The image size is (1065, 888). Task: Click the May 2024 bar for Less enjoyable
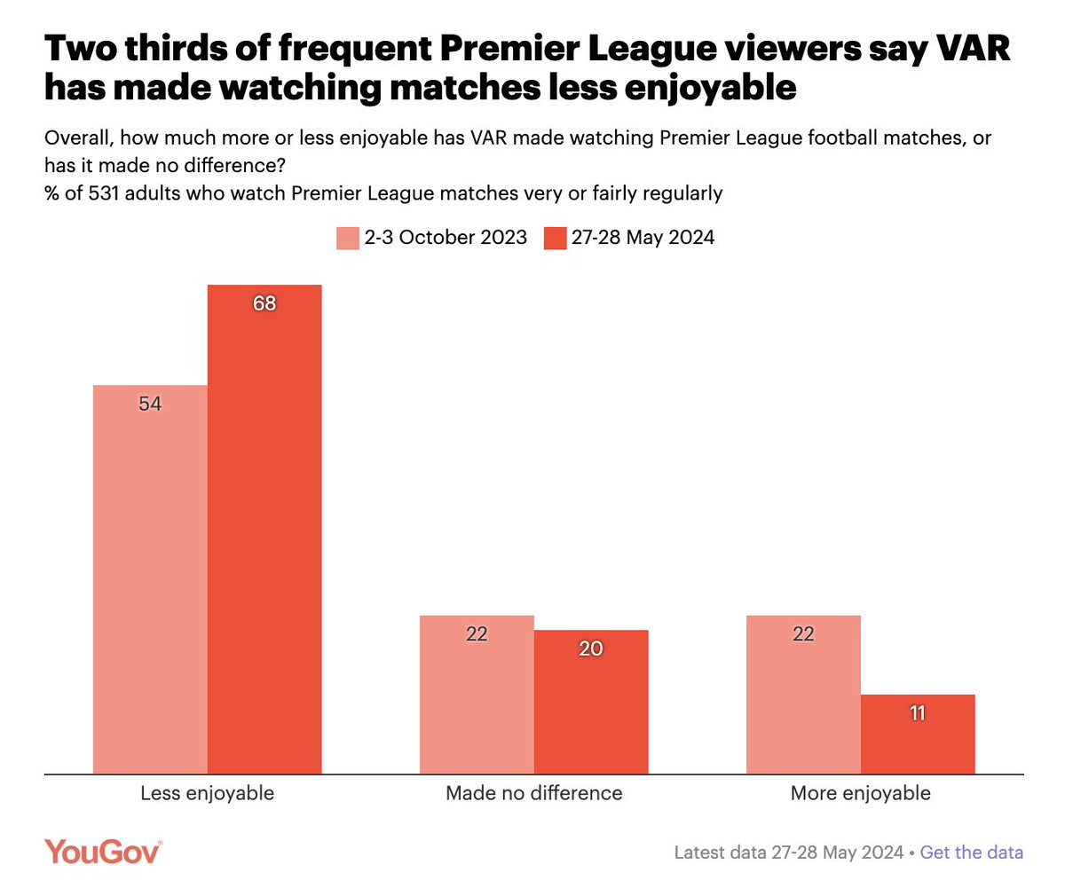(x=264, y=532)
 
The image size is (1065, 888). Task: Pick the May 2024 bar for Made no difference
(x=591, y=702)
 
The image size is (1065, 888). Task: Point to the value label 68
(x=264, y=303)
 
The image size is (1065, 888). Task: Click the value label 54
(x=150, y=404)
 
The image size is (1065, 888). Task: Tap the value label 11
(x=918, y=712)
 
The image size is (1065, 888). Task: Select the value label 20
(x=591, y=648)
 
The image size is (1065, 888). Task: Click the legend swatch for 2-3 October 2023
(x=347, y=238)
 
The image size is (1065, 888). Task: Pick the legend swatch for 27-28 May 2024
(x=556, y=238)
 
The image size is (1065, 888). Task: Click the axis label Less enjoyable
(x=207, y=793)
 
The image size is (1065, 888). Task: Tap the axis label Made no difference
(x=533, y=793)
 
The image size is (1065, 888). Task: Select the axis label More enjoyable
(x=860, y=793)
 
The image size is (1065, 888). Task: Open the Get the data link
(x=971, y=853)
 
